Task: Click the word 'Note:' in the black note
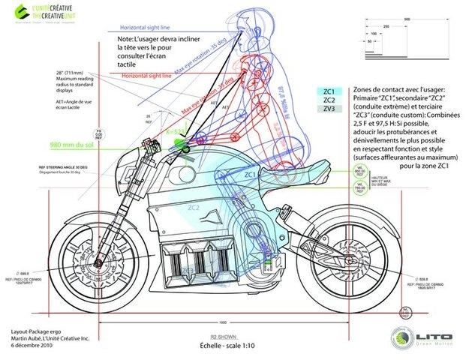(x=126, y=37)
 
